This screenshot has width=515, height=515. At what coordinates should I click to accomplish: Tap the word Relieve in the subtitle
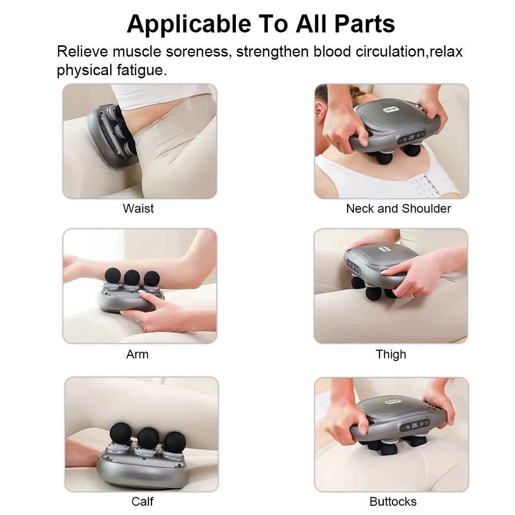(82, 51)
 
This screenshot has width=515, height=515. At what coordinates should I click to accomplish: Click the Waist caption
(138, 209)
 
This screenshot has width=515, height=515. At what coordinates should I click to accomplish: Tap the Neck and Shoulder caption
(398, 209)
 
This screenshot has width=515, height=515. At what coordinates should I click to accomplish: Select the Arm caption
(137, 354)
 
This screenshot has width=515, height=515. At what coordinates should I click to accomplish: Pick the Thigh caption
(391, 354)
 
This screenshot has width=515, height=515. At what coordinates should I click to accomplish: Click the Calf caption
(142, 501)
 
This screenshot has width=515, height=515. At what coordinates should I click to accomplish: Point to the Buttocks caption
(393, 501)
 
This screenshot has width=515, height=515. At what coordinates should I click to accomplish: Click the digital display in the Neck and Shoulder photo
(412, 138)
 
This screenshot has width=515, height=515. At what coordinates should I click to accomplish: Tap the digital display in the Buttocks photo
(414, 425)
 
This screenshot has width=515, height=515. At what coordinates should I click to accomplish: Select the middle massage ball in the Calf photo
(147, 437)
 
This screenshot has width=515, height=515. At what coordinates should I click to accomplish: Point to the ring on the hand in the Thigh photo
(413, 295)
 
